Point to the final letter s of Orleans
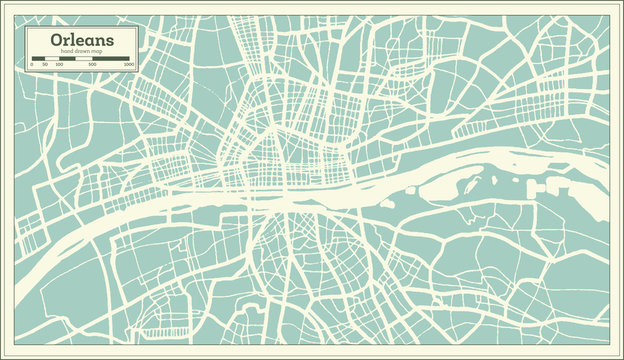click(108, 40)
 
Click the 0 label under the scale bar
click(31, 65)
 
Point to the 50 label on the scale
click(44, 65)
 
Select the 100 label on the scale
click(59, 65)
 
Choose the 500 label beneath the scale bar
click(92, 65)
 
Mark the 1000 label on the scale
click(129, 65)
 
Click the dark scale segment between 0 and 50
click(38, 59)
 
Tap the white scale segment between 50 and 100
click(51, 59)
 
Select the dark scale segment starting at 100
click(67, 59)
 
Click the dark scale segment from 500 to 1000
click(111, 59)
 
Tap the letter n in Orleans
click(99, 40)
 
